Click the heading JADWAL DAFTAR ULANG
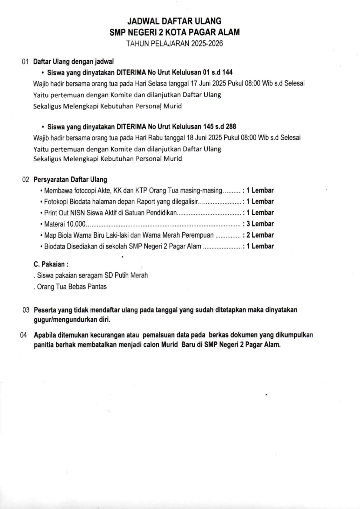pos(174,21)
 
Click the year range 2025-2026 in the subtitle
pos(207,44)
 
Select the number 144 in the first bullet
pos(227,72)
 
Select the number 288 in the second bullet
pos(231,127)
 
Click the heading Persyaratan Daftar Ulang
pos(70,180)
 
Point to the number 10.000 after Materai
pos(76,224)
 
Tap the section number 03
pos(26,310)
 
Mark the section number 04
pos(24,335)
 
